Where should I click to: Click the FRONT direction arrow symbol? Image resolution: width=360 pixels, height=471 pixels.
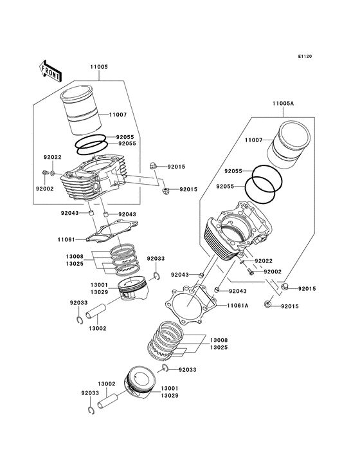[x=50, y=70]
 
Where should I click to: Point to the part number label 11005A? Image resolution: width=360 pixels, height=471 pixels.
[x=283, y=103]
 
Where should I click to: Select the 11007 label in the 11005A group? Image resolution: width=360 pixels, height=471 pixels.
[x=254, y=140]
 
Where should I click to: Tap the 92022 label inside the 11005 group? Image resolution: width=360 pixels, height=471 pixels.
[x=53, y=158]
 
